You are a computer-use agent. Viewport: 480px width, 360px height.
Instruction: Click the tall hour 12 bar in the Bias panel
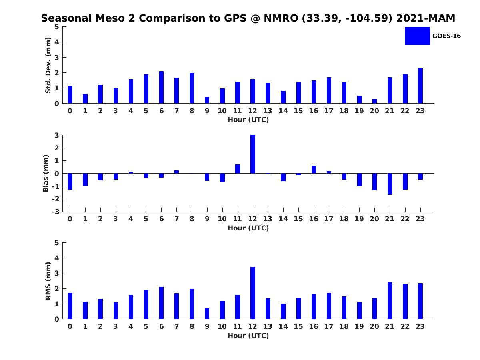(253, 154)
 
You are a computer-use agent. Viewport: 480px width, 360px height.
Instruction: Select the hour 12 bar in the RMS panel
(253, 293)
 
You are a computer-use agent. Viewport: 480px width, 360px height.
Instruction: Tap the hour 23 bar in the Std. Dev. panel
(420, 86)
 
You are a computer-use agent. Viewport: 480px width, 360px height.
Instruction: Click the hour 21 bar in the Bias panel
(390, 184)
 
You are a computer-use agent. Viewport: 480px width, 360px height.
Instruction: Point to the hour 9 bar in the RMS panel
(207, 314)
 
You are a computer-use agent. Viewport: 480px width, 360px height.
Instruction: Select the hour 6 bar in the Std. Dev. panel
(161, 87)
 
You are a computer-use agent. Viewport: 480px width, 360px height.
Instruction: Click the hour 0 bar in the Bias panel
(70, 181)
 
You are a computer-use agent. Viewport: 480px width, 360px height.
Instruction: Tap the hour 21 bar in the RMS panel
(390, 300)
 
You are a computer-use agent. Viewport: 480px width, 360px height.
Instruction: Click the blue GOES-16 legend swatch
(417, 36)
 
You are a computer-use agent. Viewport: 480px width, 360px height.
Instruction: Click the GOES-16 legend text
(446, 36)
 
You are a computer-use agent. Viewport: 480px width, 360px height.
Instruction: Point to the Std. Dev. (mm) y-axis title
(48, 65)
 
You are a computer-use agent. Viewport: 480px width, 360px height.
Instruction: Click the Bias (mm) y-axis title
(46, 173)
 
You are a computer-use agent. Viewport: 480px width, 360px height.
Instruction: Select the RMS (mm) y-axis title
(48, 281)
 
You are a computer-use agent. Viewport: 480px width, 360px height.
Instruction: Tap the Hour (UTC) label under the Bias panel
(248, 228)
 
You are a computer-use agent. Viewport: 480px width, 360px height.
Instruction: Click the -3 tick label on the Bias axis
(57, 212)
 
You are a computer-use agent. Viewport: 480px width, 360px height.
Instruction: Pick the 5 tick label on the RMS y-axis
(57, 243)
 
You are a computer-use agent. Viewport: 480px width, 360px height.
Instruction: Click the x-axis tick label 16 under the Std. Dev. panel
(314, 111)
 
